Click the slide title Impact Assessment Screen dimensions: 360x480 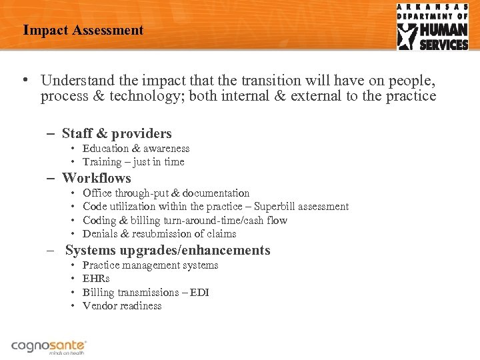pos(83,30)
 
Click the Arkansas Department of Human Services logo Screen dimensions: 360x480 pos(433,27)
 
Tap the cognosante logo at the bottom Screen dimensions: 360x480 pos(49,347)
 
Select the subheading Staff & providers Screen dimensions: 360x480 pos(117,133)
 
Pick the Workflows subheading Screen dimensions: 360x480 pos(97,178)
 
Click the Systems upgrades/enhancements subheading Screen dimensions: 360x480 pos(167,251)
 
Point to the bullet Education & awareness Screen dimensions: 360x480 pos(136,149)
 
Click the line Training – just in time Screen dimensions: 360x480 pos(133,162)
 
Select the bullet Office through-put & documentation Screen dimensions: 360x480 pos(166,193)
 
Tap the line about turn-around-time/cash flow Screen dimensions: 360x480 pos(185,220)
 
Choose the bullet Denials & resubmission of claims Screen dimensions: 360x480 pos(159,233)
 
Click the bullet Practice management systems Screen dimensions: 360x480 pos(150,265)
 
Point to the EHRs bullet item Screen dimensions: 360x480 pos(96,279)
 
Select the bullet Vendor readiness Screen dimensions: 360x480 pos(122,305)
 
